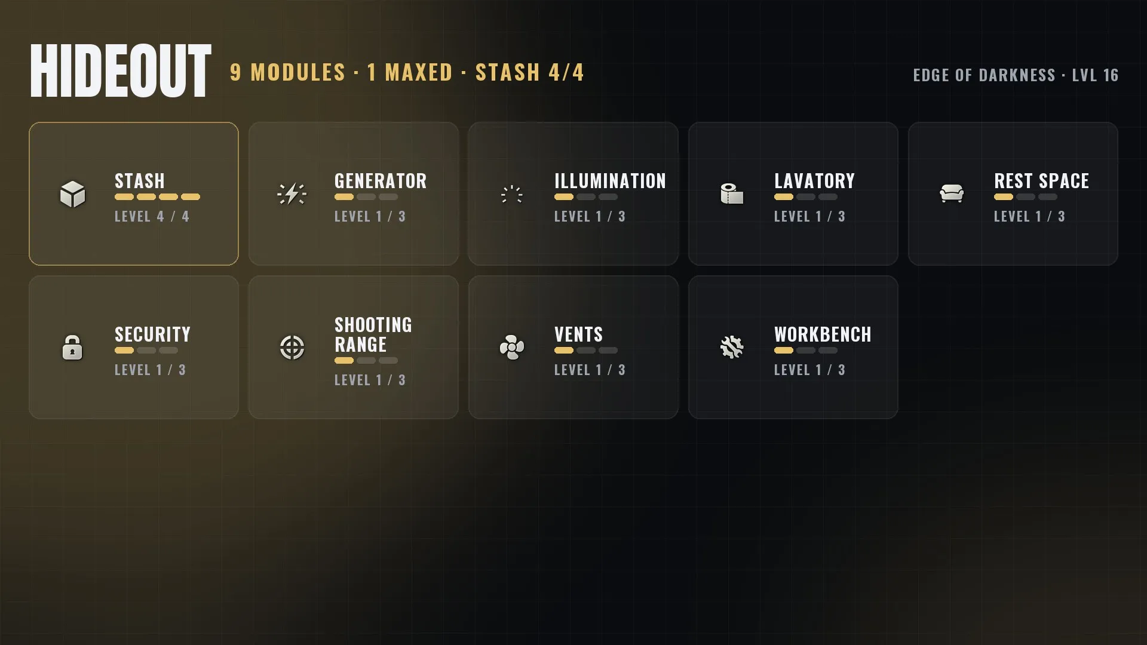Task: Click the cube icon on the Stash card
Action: pyautogui.click(x=73, y=194)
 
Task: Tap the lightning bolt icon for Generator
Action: pyautogui.click(x=292, y=194)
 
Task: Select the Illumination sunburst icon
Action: pyautogui.click(x=512, y=194)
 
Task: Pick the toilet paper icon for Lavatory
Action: pyautogui.click(x=732, y=194)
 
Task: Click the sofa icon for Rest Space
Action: pyautogui.click(x=952, y=193)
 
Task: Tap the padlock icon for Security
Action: pyautogui.click(x=72, y=347)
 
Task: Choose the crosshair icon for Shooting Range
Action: pyautogui.click(x=292, y=348)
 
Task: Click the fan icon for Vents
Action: pyautogui.click(x=512, y=348)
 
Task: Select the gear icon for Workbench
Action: pyautogui.click(x=732, y=348)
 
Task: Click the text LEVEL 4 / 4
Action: pyautogui.click(x=152, y=216)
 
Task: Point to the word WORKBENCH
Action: pyautogui.click(x=823, y=334)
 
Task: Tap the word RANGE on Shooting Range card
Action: pyautogui.click(x=361, y=345)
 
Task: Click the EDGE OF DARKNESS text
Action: pyautogui.click(x=984, y=75)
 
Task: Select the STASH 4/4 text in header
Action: pyautogui.click(x=529, y=72)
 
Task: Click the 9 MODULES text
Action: pyautogui.click(x=288, y=72)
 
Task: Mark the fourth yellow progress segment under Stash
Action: pyautogui.click(x=191, y=197)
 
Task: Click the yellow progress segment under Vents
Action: pyautogui.click(x=564, y=351)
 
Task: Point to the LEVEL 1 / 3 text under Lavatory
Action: pyautogui.click(x=809, y=216)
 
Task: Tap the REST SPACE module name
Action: pyautogui.click(x=1041, y=181)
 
